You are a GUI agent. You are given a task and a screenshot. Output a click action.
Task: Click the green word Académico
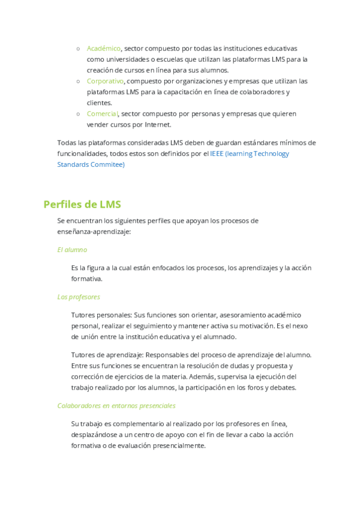(104, 48)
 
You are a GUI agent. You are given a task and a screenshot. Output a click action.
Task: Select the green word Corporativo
(105, 81)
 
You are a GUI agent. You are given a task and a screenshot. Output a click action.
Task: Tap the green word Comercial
(102, 114)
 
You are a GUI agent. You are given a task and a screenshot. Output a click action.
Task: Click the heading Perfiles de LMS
(82, 204)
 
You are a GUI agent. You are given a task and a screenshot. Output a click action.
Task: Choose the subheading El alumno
(72, 249)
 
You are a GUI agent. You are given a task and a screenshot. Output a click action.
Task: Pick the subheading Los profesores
(79, 297)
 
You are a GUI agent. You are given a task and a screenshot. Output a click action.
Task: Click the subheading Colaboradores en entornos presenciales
(116, 405)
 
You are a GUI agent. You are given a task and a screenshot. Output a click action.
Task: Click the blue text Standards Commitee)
(91, 164)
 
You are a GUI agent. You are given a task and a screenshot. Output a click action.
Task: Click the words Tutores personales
(100, 315)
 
